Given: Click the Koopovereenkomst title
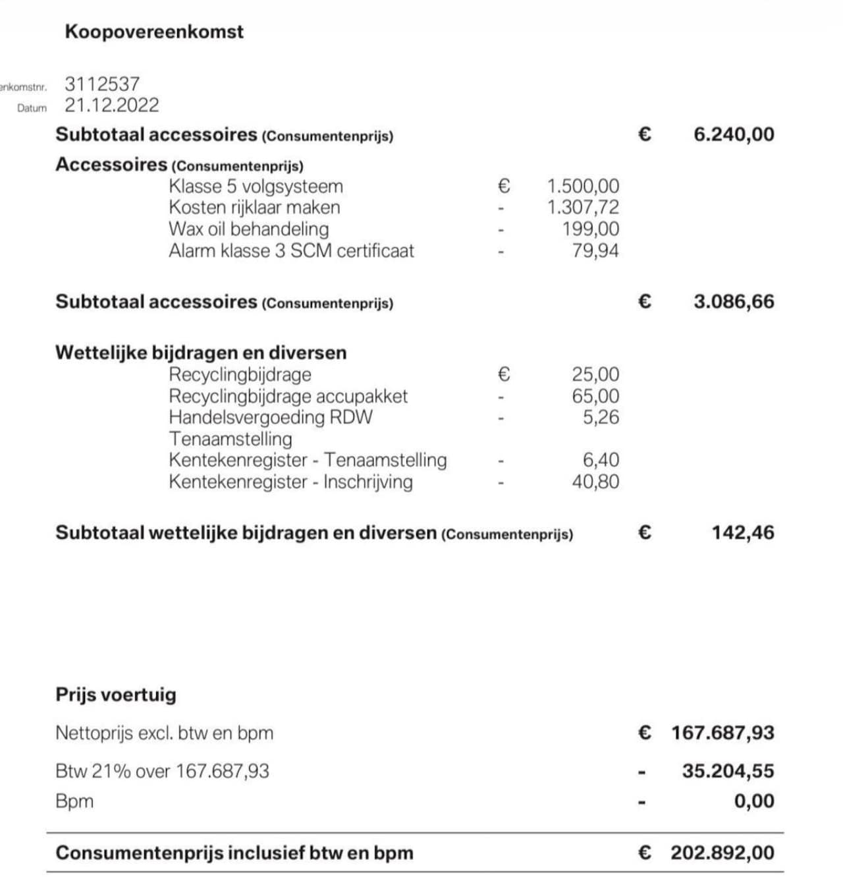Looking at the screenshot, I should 154,32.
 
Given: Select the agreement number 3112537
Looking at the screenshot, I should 102,84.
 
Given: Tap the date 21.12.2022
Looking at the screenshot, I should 112,105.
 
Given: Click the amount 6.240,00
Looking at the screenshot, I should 734,134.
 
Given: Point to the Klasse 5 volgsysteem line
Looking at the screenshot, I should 256,186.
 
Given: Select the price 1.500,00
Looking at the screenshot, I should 583,186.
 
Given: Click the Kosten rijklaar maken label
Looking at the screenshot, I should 254,208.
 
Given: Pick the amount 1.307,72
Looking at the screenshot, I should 583,208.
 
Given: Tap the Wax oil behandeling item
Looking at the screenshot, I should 248,229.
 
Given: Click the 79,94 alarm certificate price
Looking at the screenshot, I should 595,251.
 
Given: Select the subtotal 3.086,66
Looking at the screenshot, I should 734,302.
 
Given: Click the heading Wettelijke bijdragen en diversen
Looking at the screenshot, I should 201,353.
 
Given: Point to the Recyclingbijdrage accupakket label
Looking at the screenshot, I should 288,396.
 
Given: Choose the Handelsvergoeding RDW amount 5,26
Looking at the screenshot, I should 601,417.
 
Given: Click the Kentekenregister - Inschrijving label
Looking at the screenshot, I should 290,482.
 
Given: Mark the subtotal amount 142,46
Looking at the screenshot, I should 742,532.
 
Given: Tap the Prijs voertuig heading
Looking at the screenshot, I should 116,695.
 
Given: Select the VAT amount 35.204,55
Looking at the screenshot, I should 728,771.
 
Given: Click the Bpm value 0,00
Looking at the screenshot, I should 754,801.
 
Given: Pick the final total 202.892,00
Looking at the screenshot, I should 722,853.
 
